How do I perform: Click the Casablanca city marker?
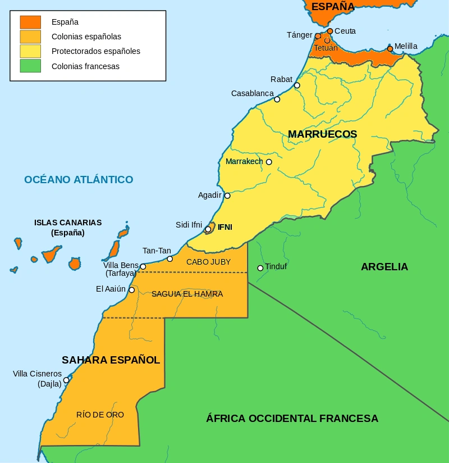pos(277,99)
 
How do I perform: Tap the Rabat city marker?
pos(297,85)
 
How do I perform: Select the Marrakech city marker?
pos(269,162)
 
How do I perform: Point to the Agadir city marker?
pos(227,196)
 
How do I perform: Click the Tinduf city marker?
pos(260,268)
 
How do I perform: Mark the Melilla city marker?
pos(390,49)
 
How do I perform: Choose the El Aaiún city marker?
pos(131,290)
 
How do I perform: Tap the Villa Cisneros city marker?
pos(66,380)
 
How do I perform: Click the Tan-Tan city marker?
pos(170,259)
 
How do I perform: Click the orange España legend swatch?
pos(30,22)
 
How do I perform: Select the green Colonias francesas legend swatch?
pos(30,66)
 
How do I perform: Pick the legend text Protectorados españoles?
pos(95,52)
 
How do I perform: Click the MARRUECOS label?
pos(322,134)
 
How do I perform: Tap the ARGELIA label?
pos(384,267)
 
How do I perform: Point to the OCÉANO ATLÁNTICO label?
pos(79,180)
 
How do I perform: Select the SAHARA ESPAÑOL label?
pos(111,360)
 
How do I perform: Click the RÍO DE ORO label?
pos(100,415)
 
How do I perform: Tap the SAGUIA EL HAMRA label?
pos(187,294)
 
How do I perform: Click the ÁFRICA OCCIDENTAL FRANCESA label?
pos(292,419)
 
